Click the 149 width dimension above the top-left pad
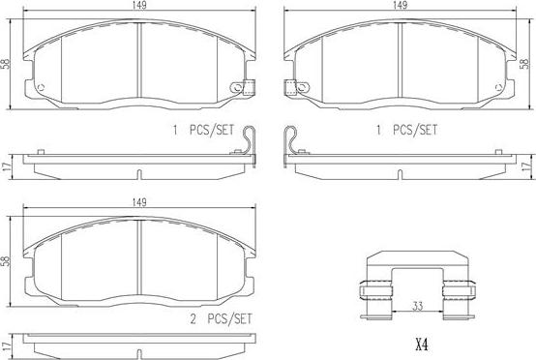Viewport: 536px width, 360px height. pyautogui.click(x=140, y=5)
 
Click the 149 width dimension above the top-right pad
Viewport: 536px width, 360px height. pyautogui.click(x=400, y=5)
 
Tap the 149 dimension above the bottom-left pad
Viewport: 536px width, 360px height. pyautogui.click(x=139, y=202)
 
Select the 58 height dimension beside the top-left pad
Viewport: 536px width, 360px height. pyautogui.click(x=6, y=64)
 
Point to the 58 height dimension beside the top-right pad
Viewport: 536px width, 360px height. pyautogui.click(x=524, y=64)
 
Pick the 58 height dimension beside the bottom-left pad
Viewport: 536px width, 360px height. pyautogui.click(x=6, y=261)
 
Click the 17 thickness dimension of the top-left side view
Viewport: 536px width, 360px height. pyautogui.click(x=7, y=166)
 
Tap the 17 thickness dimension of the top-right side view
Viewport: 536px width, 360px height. pyautogui.click(x=528, y=166)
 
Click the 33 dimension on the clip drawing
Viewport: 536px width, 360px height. pyautogui.click(x=417, y=306)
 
